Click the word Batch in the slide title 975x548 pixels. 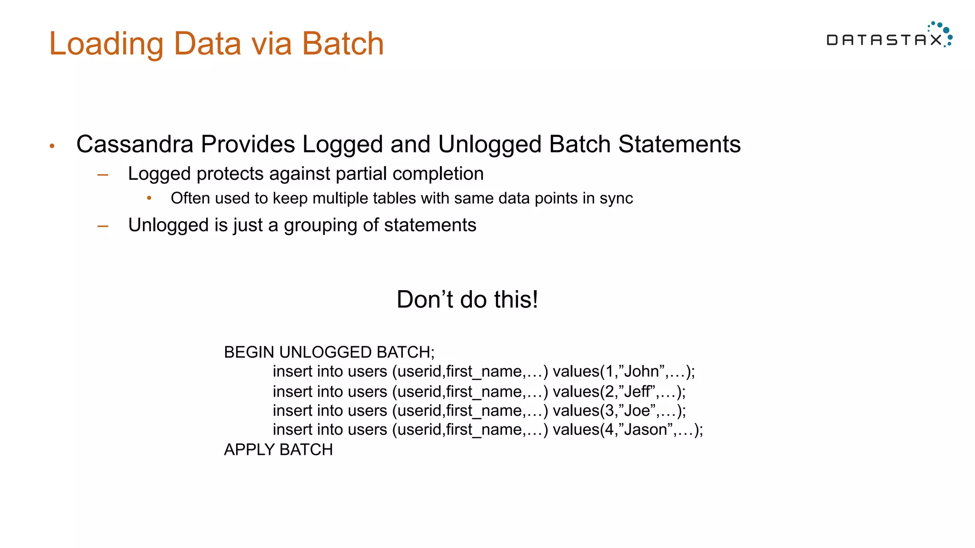(342, 44)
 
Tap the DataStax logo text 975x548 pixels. (884, 40)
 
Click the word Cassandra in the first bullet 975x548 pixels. (135, 144)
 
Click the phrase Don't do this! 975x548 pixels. (467, 300)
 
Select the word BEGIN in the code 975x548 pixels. (249, 352)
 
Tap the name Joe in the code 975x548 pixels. (637, 411)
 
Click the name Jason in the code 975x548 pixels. (646, 430)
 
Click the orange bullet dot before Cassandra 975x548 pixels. (52, 146)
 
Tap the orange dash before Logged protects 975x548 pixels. (103, 175)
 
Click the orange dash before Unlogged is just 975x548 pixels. (103, 226)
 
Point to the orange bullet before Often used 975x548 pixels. (149, 198)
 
